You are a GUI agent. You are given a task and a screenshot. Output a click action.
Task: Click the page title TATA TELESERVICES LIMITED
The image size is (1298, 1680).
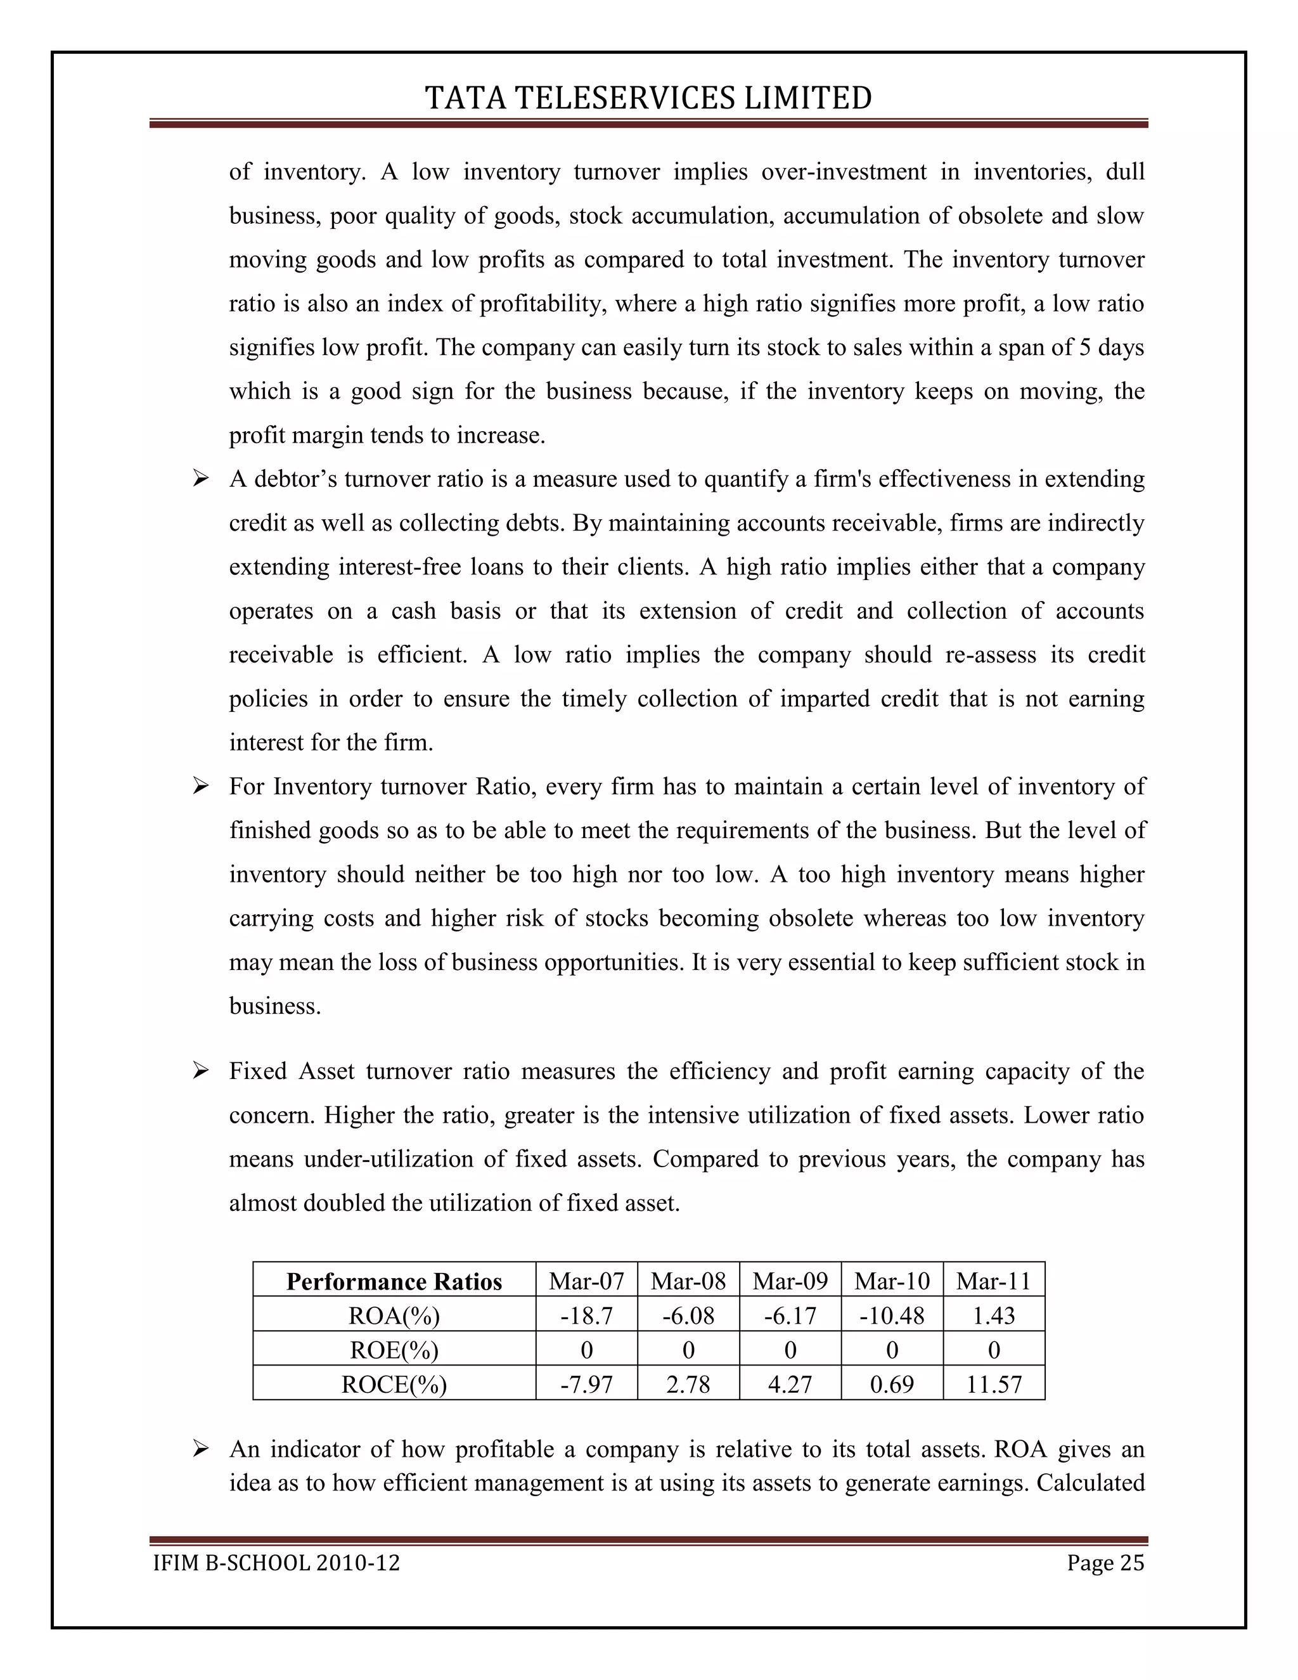click(x=648, y=98)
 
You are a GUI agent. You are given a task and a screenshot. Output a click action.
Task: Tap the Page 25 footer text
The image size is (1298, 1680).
click(x=1105, y=1563)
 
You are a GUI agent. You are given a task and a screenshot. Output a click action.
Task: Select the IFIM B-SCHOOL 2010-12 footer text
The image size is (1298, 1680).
click(x=277, y=1563)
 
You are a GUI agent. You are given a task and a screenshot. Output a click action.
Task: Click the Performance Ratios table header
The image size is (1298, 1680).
click(x=394, y=1281)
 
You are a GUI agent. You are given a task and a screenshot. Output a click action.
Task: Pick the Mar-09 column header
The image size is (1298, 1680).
click(x=790, y=1281)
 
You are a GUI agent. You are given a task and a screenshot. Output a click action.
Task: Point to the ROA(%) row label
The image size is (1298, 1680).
click(x=394, y=1316)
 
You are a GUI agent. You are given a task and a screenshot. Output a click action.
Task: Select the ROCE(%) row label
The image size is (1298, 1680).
click(x=394, y=1385)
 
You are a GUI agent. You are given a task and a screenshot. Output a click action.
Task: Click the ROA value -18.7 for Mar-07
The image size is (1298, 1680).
click(x=586, y=1316)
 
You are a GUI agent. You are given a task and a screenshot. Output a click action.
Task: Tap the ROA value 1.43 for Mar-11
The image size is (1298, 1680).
click(x=994, y=1316)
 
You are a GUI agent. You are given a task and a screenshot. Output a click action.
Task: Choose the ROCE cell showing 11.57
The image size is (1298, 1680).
click(x=994, y=1385)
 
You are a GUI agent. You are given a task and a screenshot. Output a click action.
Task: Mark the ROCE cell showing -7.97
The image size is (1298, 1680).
click(x=586, y=1385)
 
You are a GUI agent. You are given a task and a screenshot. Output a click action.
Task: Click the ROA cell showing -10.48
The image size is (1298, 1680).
click(x=891, y=1316)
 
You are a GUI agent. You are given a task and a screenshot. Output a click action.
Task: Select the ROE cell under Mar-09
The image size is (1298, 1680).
click(x=790, y=1351)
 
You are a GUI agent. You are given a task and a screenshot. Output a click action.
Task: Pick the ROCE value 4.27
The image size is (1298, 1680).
click(x=790, y=1385)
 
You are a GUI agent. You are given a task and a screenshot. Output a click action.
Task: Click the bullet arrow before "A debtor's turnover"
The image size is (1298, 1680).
click(x=201, y=480)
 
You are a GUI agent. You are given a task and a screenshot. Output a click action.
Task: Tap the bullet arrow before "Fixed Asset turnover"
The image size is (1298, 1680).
click(x=201, y=1071)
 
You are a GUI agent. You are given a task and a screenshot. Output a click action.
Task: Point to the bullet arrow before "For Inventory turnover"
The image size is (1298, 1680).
click(x=201, y=787)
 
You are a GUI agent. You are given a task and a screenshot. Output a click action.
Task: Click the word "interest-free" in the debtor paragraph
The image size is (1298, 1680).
click(x=399, y=567)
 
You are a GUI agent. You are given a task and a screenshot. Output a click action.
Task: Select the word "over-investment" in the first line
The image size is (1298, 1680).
click(x=844, y=172)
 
